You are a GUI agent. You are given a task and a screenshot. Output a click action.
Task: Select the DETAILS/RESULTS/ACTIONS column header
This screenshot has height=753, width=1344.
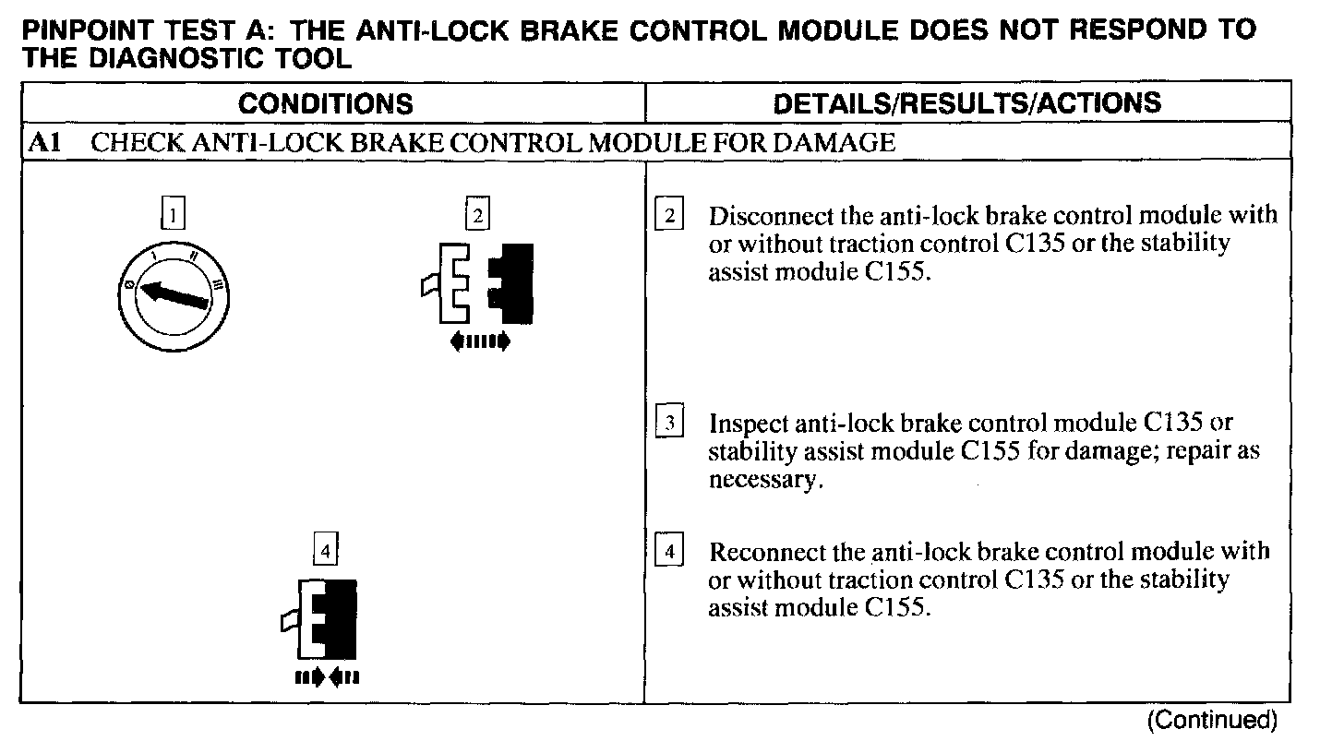tap(966, 102)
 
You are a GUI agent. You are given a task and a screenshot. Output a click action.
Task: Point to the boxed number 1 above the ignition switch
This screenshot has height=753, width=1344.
tap(173, 216)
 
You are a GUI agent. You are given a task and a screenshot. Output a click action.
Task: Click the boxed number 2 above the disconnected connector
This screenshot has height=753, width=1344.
tap(476, 216)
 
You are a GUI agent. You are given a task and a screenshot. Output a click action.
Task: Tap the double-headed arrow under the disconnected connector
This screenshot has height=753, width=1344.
tap(479, 342)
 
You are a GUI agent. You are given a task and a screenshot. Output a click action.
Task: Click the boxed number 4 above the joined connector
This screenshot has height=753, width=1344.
tap(325, 550)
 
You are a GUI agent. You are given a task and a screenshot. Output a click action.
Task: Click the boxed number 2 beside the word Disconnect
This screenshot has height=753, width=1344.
tap(668, 216)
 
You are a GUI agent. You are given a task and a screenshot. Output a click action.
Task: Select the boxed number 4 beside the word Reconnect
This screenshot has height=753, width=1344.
tap(668, 553)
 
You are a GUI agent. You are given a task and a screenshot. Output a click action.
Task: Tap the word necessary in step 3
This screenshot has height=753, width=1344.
tap(763, 481)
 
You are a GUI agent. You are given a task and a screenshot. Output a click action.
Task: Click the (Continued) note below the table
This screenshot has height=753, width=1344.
tap(1211, 721)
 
